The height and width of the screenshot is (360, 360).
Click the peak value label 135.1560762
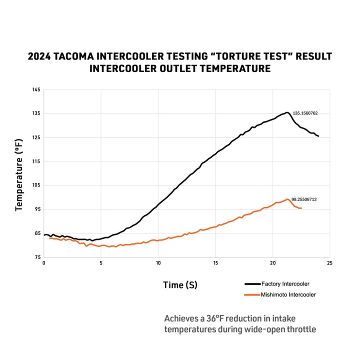(x=305, y=113)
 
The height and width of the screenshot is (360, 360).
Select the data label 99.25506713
(x=304, y=199)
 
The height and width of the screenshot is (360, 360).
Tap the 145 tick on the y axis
(x=36, y=90)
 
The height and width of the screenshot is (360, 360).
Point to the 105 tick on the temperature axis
(x=36, y=185)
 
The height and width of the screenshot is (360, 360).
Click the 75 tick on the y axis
(x=37, y=257)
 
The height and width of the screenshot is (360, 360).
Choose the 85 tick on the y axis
(x=37, y=233)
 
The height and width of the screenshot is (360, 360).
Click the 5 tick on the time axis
(x=101, y=263)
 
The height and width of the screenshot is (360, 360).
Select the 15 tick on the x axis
(x=215, y=263)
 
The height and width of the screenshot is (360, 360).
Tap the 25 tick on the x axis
(x=329, y=263)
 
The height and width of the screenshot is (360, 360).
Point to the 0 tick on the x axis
(x=44, y=263)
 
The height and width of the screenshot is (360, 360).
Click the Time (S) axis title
(x=180, y=285)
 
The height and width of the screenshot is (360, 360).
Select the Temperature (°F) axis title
(x=19, y=175)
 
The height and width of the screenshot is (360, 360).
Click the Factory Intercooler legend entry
(x=277, y=284)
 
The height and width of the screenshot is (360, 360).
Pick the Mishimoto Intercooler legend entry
(x=280, y=295)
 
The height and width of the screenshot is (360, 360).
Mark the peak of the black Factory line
(x=287, y=112)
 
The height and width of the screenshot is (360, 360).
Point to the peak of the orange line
(x=287, y=199)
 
